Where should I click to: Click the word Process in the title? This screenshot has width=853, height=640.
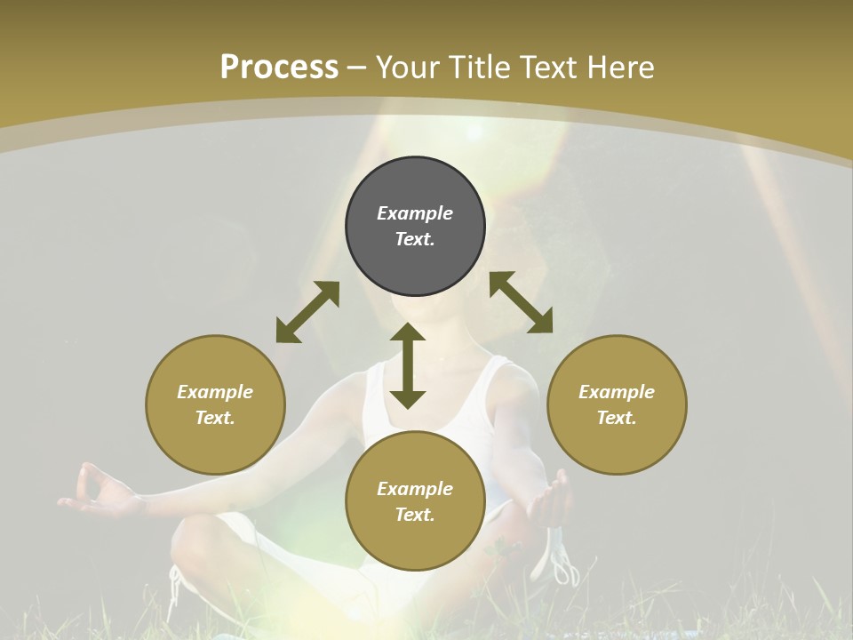tap(279, 68)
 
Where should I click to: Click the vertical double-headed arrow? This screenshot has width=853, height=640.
tap(408, 366)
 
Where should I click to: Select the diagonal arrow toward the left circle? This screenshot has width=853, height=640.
tap(307, 312)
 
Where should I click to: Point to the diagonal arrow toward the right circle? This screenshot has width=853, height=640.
tap(521, 303)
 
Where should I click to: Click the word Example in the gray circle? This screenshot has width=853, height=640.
tap(415, 213)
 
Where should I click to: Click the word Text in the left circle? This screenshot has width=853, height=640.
tap(215, 418)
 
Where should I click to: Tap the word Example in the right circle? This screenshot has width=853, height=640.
tap(617, 392)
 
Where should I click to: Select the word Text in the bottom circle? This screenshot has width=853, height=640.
tap(415, 515)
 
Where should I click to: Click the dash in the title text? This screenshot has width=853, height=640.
tap(357, 68)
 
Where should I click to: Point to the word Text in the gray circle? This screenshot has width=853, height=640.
tap(415, 239)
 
